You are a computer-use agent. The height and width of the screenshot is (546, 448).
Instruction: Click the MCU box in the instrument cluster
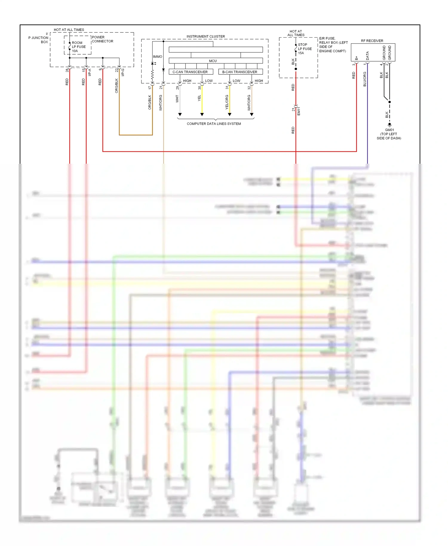pyautogui.click(x=213, y=61)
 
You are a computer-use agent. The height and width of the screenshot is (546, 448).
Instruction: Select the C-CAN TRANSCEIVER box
pyautogui.click(x=190, y=72)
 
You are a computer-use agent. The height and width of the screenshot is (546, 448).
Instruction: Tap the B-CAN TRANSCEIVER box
pyautogui.click(x=240, y=72)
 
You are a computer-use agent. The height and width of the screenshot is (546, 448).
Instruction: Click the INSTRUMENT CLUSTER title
pyautogui.click(x=206, y=36)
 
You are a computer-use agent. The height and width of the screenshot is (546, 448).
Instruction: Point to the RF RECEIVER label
pyautogui.click(x=372, y=41)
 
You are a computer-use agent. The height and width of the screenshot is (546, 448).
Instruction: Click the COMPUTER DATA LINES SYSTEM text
pyautogui.click(x=214, y=124)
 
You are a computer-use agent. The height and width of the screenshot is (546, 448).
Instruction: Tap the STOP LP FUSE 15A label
pyautogui.click(x=304, y=49)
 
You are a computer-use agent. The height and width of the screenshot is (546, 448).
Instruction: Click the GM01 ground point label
pyautogui.click(x=389, y=130)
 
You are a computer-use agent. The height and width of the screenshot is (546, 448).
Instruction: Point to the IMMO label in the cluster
pyautogui.click(x=158, y=57)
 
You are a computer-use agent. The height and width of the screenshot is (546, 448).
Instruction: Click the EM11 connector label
pyautogui.click(x=299, y=111)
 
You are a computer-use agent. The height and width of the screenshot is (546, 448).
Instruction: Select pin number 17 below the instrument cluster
pyautogui.click(x=150, y=88)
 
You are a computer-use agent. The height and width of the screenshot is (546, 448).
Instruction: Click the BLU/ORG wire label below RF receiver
pyautogui.click(x=365, y=79)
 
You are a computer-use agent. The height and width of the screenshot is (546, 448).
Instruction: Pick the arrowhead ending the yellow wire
pyautogui.click(x=202, y=114)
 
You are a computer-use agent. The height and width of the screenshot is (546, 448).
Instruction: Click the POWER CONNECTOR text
pyautogui.click(x=102, y=39)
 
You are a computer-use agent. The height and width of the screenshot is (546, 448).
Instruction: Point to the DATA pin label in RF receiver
pyautogui.click(x=368, y=56)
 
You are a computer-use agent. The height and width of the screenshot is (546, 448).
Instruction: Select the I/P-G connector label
pyautogui.click(x=122, y=72)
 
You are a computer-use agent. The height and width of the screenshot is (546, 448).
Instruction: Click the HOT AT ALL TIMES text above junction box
pyautogui.click(x=69, y=30)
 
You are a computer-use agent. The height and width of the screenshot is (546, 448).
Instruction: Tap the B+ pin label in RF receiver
pyautogui.click(x=357, y=58)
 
